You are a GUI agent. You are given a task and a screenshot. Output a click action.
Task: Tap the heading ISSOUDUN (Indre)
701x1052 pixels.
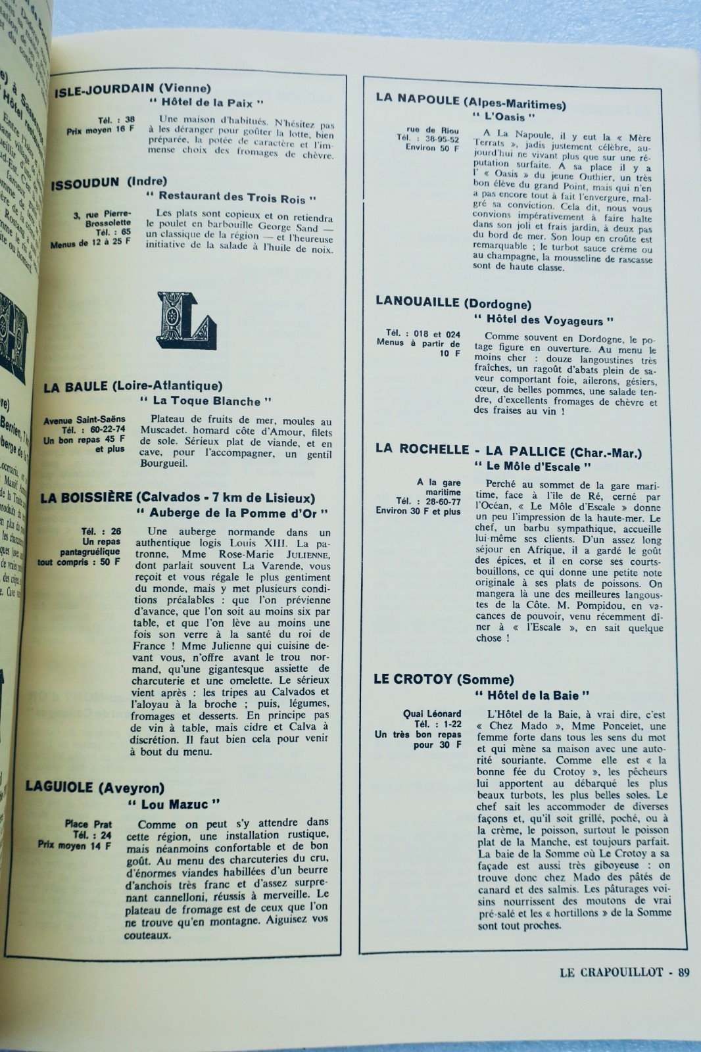[x=109, y=182]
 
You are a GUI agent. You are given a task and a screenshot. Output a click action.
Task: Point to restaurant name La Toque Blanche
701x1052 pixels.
[x=206, y=400]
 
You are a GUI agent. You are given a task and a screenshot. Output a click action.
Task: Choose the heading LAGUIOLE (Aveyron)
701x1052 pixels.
[x=95, y=787]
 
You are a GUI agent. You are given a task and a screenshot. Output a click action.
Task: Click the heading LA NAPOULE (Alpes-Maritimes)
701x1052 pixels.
[x=471, y=101]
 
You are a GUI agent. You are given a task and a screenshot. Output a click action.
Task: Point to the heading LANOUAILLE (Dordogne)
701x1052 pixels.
[x=454, y=302]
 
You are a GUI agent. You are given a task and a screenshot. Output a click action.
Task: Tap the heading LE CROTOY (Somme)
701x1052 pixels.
[x=444, y=679]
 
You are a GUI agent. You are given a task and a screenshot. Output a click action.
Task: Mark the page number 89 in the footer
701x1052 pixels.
[x=683, y=972]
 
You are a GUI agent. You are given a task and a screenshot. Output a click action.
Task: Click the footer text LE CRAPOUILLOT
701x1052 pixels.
[x=612, y=972]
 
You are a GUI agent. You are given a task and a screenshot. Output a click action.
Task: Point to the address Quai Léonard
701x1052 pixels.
[x=432, y=713]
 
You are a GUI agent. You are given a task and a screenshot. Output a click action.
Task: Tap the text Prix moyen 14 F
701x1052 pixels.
[x=74, y=845]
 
